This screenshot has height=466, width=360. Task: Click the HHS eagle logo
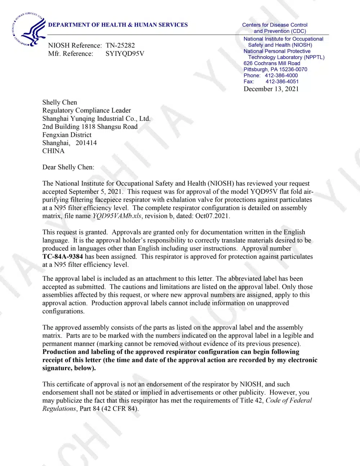click(29, 30)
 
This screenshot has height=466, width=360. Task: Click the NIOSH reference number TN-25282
click(120, 45)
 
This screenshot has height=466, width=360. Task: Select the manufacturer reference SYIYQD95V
click(125, 54)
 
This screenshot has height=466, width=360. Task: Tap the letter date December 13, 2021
click(271, 89)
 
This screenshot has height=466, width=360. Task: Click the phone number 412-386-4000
click(281, 75)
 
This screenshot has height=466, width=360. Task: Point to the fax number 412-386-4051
click(282, 81)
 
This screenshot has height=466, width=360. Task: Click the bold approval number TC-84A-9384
click(63, 256)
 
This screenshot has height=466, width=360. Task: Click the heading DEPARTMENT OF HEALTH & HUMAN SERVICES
click(118, 25)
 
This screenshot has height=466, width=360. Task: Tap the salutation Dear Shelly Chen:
click(68, 167)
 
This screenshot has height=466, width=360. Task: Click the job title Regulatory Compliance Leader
click(86, 110)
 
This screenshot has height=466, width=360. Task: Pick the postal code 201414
click(86, 143)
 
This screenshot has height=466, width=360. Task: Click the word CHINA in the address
click(53, 151)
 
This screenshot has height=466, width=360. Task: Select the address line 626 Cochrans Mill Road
click(272, 63)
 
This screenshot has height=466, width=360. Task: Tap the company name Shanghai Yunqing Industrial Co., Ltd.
click(96, 118)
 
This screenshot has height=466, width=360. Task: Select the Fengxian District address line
click(67, 135)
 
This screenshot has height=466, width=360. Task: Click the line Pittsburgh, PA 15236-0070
click(275, 69)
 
